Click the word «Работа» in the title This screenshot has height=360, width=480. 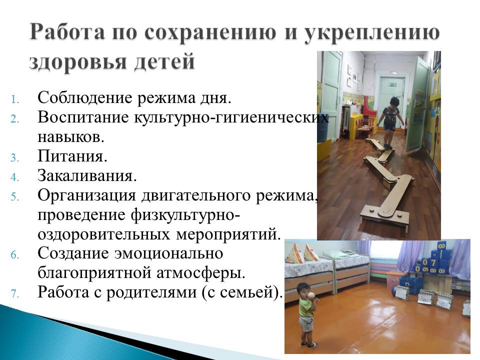click(67, 32)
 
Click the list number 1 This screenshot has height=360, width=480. click(15, 99)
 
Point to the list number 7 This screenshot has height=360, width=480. click(15, 294)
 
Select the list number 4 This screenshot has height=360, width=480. click(15, 177)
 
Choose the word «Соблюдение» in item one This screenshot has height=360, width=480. click(84, 98)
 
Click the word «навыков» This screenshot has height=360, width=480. click(71, 137)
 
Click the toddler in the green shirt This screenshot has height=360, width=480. click(307, 314)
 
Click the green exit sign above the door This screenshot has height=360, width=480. click(393, 85)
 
